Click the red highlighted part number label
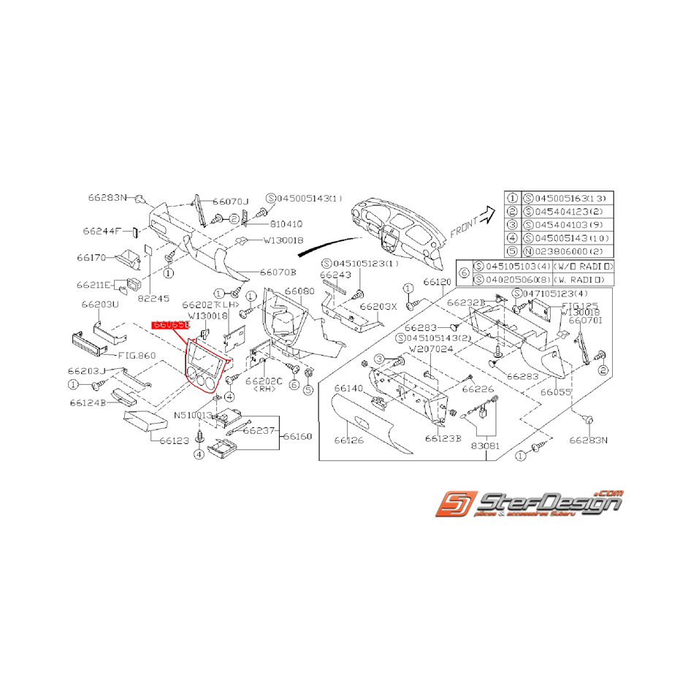[170, 324]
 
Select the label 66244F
[104, 231]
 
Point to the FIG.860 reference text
[137, 356]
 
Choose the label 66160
[297, 436]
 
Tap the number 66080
[299, 291]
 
